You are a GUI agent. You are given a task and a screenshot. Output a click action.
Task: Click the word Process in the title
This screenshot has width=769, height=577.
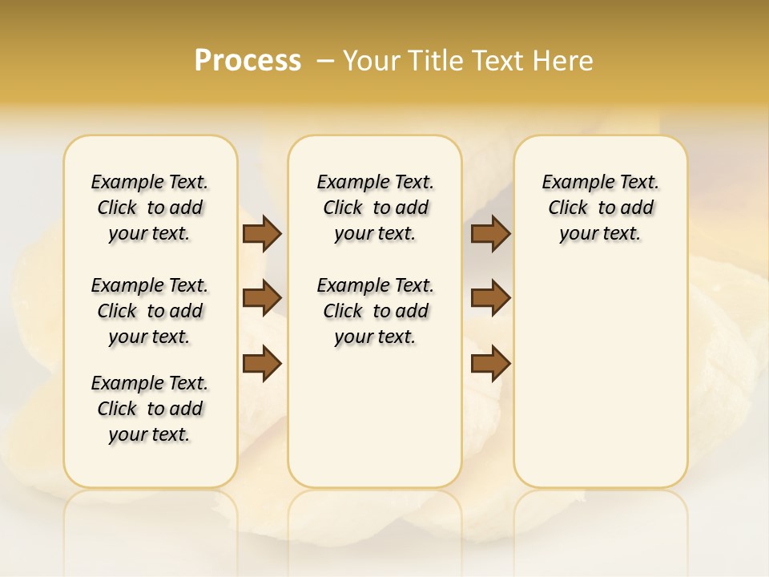click(248, 61)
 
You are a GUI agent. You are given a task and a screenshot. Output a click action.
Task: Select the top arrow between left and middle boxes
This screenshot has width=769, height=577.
click(262, 233)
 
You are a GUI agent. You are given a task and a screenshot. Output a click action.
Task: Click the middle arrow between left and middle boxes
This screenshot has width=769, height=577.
click(262, 298)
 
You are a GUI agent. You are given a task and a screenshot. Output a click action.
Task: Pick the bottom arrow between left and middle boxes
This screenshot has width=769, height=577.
click(262, 363)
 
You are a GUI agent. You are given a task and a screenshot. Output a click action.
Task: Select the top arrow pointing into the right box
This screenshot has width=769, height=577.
click(490, 233)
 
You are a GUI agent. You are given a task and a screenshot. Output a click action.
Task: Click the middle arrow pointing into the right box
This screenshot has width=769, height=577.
click(490, 298)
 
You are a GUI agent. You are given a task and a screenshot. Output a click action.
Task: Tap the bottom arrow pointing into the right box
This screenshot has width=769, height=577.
click(490, 363)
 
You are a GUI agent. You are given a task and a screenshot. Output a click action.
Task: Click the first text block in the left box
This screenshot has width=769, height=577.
click(150, 208)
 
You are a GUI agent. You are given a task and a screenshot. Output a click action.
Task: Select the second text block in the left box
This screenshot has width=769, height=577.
click(150, 311)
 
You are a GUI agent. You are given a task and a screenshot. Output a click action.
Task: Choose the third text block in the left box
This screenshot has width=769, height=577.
click(150, 409)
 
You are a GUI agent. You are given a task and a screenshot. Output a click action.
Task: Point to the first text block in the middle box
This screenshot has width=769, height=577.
click(375, 208)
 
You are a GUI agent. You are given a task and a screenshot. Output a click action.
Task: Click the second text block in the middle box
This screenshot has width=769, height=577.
click(375, 311)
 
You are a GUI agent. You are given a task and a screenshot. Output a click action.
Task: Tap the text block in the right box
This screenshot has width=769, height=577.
click(600, 208)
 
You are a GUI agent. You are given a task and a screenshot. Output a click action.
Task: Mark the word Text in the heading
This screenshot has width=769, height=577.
click(497, 61)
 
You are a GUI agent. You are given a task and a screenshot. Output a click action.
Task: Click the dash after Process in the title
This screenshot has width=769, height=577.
click(325, 61)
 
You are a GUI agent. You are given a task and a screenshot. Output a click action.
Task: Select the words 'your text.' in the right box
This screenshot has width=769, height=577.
click(600, 234)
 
